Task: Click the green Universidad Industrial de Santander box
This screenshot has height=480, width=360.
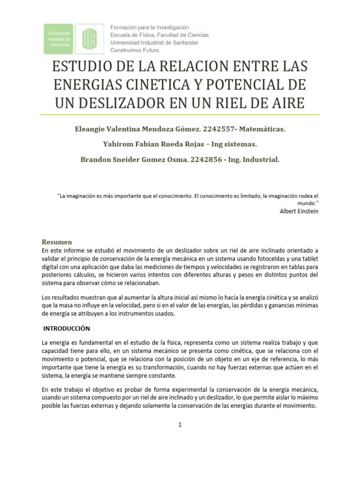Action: click(x=59, y=38)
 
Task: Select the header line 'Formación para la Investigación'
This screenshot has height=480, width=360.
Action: click(x=150, y=27)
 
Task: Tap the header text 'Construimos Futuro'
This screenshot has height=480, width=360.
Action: click(x=135, y=50)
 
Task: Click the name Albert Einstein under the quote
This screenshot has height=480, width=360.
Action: click(x=299, y=211)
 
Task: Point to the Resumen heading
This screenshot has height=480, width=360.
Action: click(x=57, y=242)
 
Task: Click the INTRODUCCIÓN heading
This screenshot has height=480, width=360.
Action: click(x=67, y=328)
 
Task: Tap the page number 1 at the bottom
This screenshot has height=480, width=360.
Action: click(x=180, y=425)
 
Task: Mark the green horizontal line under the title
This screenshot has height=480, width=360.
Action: click(x=180, y=114)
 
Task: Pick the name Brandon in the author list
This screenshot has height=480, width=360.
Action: click(x=95, y=159)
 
